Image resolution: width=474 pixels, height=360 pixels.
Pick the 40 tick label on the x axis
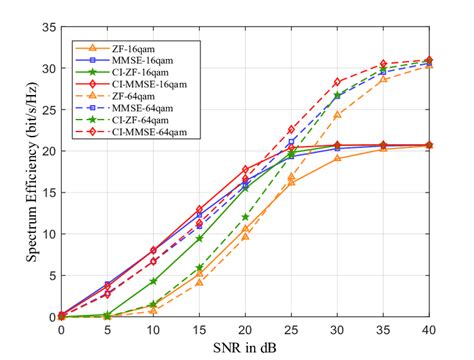(429, 328)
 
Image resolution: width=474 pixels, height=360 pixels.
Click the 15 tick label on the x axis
(199, 328)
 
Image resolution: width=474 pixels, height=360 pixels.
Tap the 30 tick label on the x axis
(337, 328)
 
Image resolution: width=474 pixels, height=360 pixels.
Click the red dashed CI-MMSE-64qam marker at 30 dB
(337, 82)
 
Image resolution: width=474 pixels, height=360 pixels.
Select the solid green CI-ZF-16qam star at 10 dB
(153, 281)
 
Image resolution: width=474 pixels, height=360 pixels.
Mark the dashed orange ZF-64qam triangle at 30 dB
(337, 114)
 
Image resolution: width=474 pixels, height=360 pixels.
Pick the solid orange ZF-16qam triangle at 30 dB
(337, 158)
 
